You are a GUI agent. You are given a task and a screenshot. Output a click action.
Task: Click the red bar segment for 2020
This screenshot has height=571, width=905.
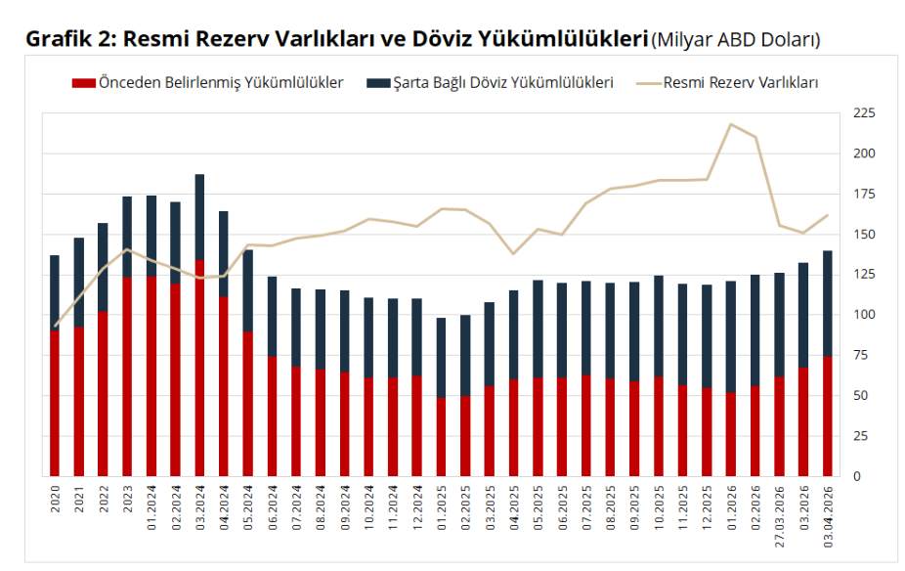pos(55,403)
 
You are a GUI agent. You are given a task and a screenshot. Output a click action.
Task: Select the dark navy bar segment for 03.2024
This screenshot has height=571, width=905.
pos(199,217)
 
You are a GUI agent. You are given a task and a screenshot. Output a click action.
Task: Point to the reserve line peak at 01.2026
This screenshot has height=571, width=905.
pos(730,124)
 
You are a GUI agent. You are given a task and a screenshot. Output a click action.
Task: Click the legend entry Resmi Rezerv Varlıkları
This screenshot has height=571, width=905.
pos(740,83)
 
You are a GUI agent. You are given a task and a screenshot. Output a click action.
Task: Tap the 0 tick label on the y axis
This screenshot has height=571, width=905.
pos(857,476)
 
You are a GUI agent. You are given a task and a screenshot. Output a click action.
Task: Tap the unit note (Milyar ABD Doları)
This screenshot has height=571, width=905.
pos(735,41)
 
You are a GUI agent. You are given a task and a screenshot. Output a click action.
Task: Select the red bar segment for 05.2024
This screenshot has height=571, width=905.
pos(248,403)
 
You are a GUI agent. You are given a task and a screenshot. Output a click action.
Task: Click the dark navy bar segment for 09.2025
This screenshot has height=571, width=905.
pos(633,331)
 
